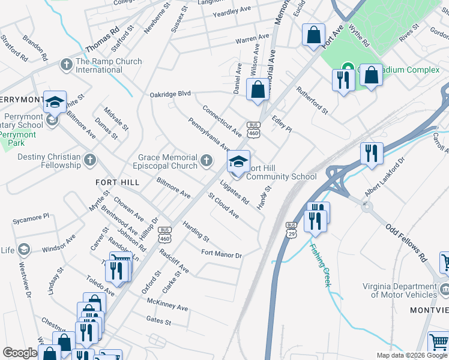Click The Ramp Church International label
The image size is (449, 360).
pos(109,65)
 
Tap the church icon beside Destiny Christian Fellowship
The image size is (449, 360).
pos(89,160)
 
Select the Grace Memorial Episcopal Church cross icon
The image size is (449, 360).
pos(206,160)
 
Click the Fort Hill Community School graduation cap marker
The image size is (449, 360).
pos(238,161)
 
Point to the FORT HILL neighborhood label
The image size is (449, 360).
pos(117,182)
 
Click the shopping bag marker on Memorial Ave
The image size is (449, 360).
pos(258,91)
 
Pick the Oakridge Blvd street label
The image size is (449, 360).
pos(170,94)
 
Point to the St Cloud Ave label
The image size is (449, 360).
pos(223,206)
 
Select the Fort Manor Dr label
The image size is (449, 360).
pos(221,255)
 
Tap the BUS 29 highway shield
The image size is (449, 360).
pos(292,228)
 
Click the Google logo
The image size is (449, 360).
pos(20,353)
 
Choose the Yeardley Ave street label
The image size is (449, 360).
pos(232,11)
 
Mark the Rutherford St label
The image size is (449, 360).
pos(312,100)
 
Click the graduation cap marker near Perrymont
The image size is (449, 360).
pos(55,103)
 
